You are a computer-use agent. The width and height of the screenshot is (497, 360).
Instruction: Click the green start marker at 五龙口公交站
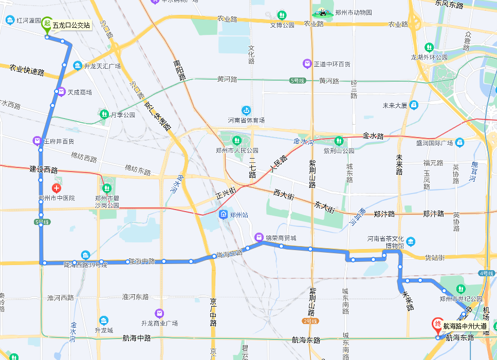point(47,25)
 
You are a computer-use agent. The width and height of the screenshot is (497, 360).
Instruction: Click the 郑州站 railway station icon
point(224,215)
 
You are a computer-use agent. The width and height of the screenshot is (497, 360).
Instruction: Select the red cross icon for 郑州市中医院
point(57,188)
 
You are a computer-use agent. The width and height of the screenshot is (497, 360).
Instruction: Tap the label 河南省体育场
point(246,120)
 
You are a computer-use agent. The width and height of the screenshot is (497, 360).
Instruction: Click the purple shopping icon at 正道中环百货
point(307,64)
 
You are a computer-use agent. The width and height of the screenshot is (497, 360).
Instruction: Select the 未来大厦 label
point(395,106)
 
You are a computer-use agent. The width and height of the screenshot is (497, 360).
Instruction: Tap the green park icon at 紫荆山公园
point(339,140)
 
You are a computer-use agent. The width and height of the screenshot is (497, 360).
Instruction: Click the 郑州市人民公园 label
point(237,150)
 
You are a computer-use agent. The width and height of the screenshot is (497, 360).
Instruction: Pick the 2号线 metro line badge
point(310,321)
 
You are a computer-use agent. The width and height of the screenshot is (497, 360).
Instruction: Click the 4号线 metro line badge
point(486,273)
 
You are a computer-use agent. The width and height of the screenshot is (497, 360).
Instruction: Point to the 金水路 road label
point(373,136)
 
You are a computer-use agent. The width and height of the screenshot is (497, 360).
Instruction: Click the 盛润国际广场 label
point(434,142)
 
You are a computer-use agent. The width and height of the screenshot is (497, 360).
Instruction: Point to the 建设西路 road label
point(44,169)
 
